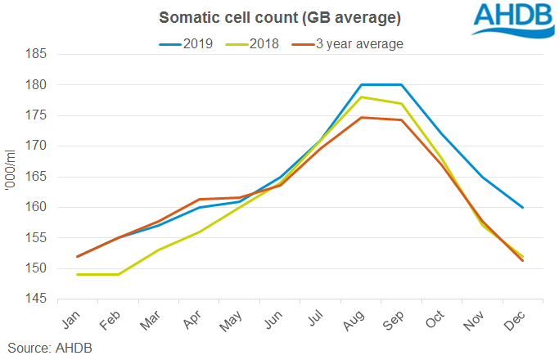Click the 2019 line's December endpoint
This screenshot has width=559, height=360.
523,208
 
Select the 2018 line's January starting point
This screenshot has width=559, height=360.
78,275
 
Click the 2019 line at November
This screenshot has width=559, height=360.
482,177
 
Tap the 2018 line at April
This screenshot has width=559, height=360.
200,232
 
